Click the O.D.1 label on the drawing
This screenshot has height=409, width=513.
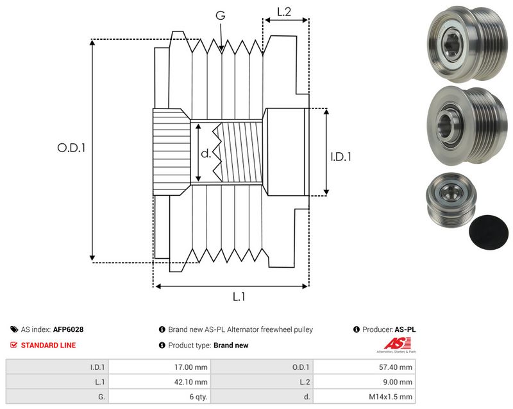(x=71, y=148)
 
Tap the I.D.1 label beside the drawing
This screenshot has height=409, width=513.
(x=341, y=157)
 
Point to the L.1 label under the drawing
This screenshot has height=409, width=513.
(x=239, y=297)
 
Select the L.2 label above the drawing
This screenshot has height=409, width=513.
(x=284, y=12)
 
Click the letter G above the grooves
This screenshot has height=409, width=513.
(x=221, y=15)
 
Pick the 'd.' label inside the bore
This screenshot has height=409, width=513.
(x=206, y=153)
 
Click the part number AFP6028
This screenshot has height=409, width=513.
(x=68, y=329)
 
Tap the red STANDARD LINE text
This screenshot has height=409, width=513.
(x=48, y=345)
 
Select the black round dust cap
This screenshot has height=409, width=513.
(x=489, y=232)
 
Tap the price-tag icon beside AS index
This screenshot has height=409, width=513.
(x=14, y=329)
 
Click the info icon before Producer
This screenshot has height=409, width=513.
(x=357, y=329)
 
